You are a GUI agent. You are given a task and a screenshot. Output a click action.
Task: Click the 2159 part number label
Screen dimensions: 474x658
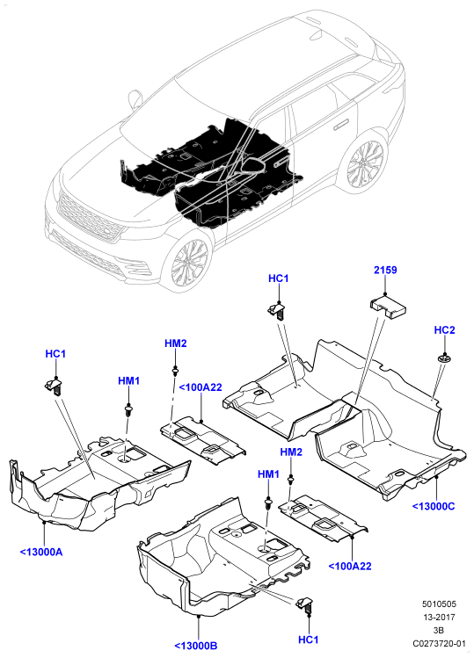(x=385, y=270)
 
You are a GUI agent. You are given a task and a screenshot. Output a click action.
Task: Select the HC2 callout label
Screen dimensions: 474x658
(x=444, y=330)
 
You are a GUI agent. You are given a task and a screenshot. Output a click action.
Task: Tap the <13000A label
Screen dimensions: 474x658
(x=41, y=552)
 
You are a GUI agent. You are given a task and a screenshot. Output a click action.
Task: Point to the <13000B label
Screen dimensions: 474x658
(x=195, y=646)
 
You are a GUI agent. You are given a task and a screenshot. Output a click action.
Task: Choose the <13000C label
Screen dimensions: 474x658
(x=434, y=506)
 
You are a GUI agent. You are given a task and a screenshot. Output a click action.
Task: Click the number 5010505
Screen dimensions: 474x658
(x=439, y=604)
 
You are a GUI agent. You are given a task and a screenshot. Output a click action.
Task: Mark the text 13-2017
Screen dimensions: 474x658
(x=439, y=617)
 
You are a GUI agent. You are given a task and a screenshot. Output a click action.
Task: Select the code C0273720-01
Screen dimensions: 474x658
(x=439, y=643)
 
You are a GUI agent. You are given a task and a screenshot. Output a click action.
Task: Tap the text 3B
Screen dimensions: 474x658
(x=439, y=630)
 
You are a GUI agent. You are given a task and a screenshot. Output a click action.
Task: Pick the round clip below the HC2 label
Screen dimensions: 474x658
(x=443, y=358)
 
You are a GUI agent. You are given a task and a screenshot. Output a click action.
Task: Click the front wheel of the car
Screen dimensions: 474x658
(x=188, y=263)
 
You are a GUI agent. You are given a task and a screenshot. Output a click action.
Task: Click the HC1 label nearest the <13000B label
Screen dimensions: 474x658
(x=308, y=640)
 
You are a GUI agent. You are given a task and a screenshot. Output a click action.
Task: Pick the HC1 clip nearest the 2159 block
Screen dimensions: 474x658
(x=278, y=310)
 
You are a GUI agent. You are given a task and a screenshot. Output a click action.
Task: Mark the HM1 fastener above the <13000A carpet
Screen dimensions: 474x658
(x=127, y=410)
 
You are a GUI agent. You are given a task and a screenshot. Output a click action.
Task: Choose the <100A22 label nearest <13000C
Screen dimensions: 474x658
(x=350, y=566)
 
